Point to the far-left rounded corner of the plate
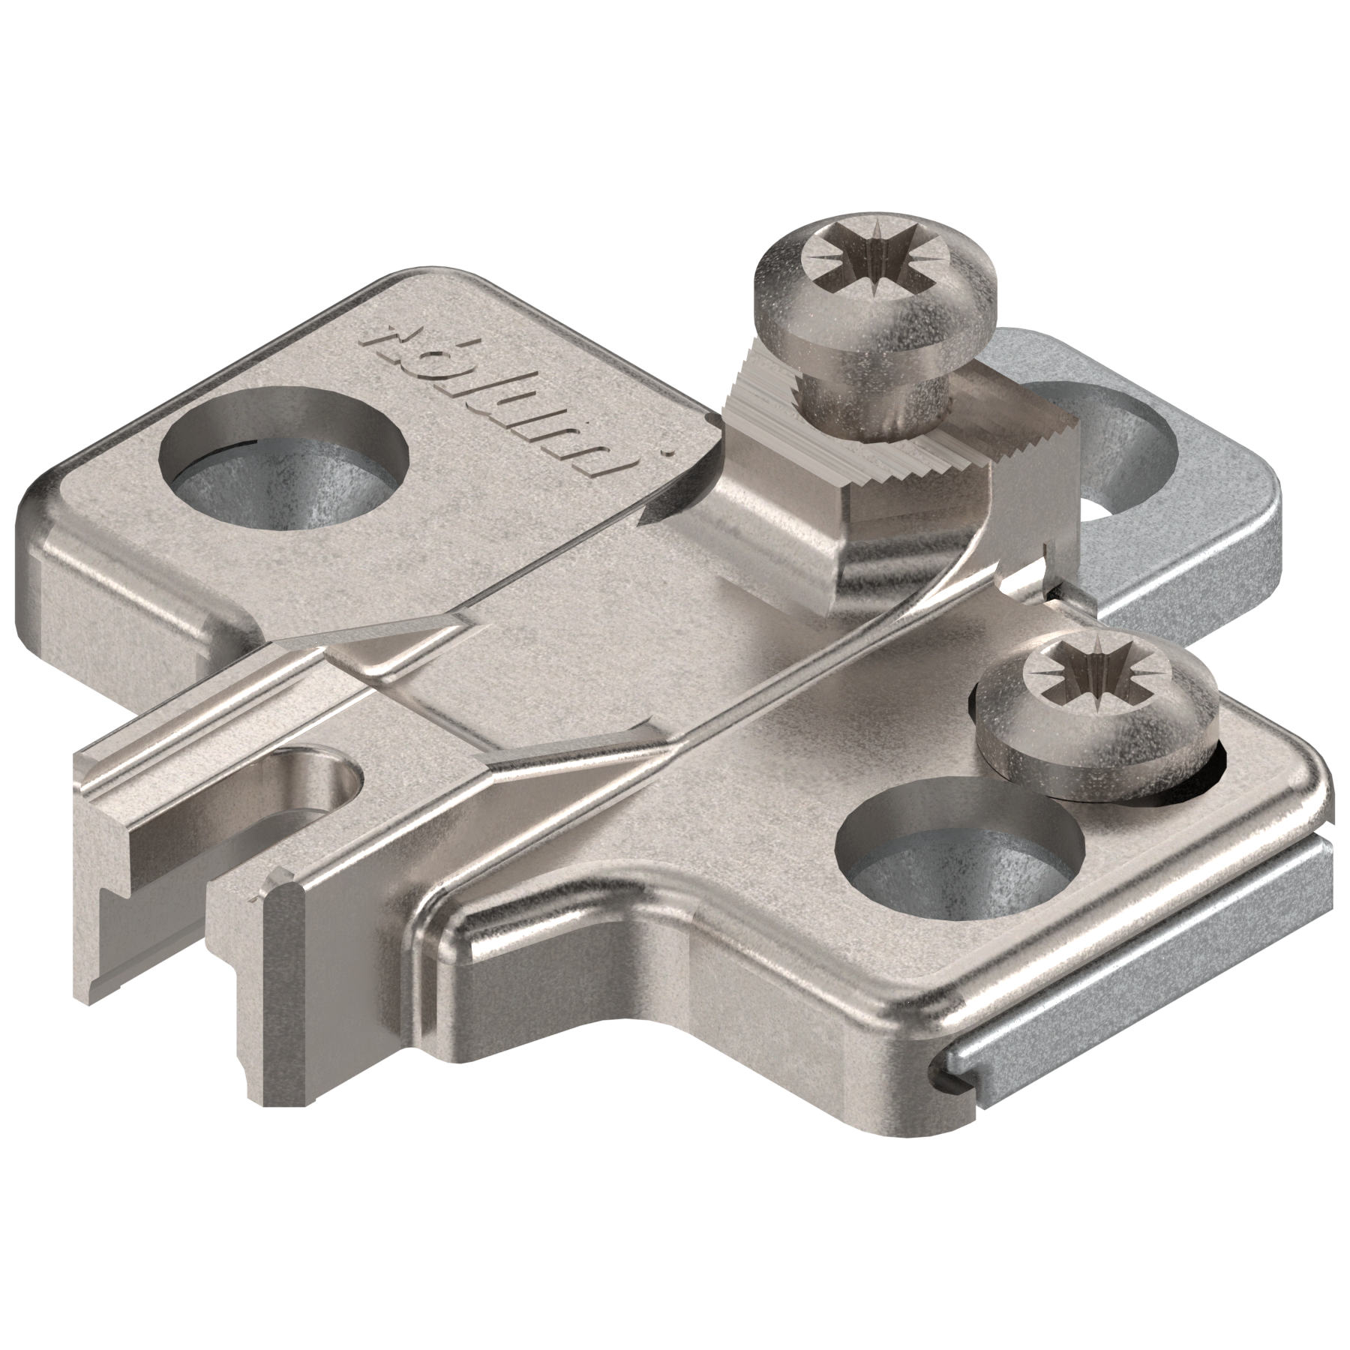37,525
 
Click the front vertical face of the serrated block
915,547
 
